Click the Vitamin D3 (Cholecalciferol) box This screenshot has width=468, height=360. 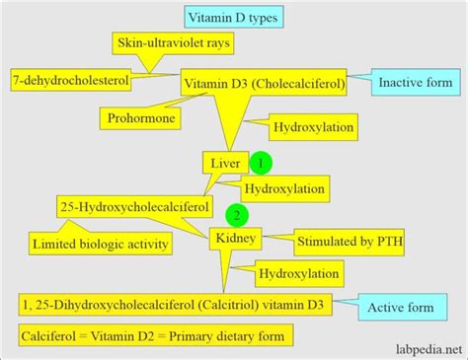(x=263, y=86)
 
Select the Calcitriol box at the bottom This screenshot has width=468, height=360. (x=177, y=308)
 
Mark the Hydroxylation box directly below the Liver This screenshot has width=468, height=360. (x=284, y=186)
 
